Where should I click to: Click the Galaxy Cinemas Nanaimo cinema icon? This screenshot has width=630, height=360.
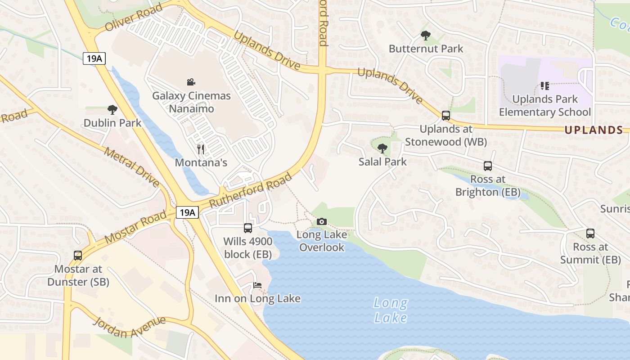(191, 82)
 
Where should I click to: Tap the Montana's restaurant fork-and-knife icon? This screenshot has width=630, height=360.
(201, 149)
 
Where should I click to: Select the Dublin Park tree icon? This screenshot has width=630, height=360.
(112, 109)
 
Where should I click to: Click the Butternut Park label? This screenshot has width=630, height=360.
(426, 49)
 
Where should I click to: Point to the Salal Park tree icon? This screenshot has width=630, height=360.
(382, 148)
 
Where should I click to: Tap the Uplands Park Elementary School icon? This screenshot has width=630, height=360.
(545, 85)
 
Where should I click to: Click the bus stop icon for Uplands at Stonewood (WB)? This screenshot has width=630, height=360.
(445, 115)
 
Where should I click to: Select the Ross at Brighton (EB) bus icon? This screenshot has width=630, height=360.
(488, 166)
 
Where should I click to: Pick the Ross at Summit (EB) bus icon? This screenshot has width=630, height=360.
(590, 234)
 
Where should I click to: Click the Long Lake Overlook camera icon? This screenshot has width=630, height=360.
(321, 221)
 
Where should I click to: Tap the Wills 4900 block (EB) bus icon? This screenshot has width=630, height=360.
(248, 228)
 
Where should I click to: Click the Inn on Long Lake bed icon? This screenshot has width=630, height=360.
(257, 285)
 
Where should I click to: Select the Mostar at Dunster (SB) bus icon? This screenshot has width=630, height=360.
(78, 256)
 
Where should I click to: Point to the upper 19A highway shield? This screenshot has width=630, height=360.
(94, 58)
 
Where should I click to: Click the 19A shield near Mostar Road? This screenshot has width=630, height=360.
(187, 212)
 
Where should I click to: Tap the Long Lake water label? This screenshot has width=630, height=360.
(391, 310)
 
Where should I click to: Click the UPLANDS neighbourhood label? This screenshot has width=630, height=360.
(593, 130)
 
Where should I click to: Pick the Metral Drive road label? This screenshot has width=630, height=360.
(131, 166)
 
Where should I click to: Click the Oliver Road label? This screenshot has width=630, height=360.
(133, 18)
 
